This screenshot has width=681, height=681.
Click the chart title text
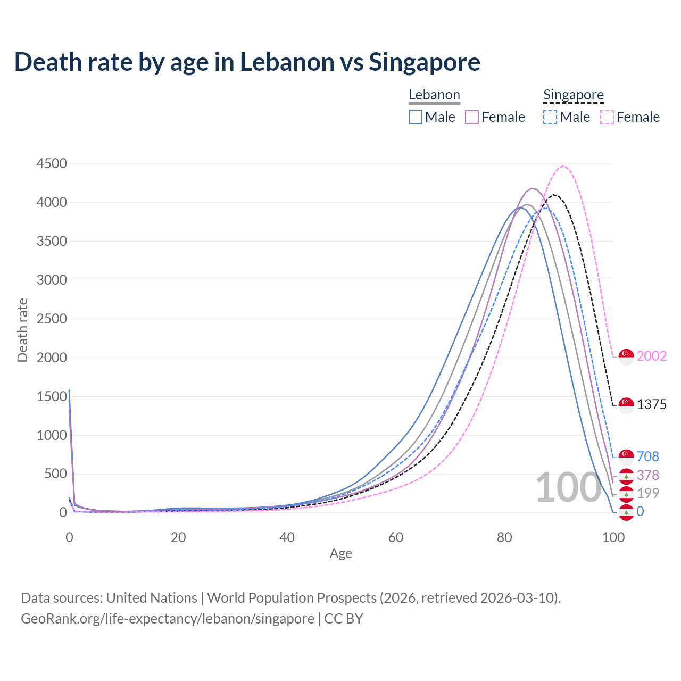pyautogui.click(x=247, y=62)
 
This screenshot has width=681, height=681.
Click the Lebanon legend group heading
pyautogui.click(x=434, y=95)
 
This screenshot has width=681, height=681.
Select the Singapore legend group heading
pyautogui.click(x=574, y=95)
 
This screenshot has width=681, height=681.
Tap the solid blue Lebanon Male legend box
pyautogui.click(x=416, y=117)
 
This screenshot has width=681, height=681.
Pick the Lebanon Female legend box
pyautogui.click(x=472, y=117)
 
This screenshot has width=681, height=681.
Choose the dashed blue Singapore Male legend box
pyautogui.click(x=550, y=117)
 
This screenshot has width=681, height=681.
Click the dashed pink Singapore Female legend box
pyautogui.click(x=607, y=117)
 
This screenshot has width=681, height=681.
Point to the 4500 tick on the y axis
pyautogui.click(x=52, y=163)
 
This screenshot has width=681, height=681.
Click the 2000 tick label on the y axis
pyautogui.click(x=52, y=358)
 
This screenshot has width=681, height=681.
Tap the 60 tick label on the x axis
pyautogui.click(x=396, y=537)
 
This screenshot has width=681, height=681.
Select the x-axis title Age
pyautogui.click(x=341, y=554)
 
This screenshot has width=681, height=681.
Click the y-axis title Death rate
pyautogui.click(x=22, y=330)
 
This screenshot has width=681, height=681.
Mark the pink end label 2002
pyautogui.click(x=652, y=356)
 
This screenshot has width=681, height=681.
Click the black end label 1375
pyautogui.click(x=652, y=404)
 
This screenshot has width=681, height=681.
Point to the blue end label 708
pyautogui.click(x=647, y=456)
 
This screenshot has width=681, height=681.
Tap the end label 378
pyautogui.click(x=647, y=475)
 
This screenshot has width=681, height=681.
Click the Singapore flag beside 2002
pyautogui.click(x=627, y=356)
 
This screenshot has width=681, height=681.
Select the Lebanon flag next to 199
pyautogui.click(x=627, y=494)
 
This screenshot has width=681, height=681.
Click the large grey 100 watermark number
pyautogui.click(x=568, y=487)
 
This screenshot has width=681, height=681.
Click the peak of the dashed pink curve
pyautogui.click(x=564, y=166)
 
